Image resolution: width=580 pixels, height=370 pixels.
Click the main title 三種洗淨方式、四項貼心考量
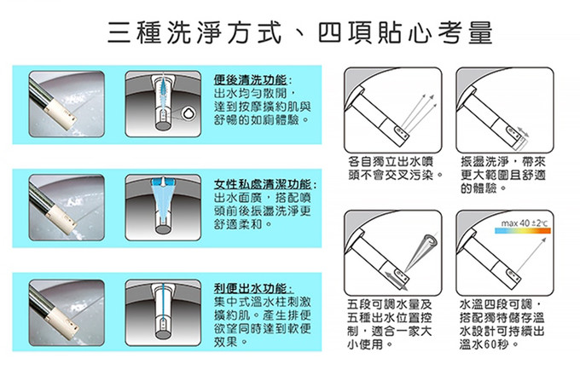[300, 32]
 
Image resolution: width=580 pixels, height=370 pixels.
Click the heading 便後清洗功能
[251, 80]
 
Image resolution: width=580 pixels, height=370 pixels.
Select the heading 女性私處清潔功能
[263, 184]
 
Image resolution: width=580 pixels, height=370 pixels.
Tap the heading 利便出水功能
[251, 288]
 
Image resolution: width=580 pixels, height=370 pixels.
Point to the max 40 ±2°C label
[525, 223]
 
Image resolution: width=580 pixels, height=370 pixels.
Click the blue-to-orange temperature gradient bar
[523, 231]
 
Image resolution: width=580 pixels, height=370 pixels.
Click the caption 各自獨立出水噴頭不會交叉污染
[395, 168]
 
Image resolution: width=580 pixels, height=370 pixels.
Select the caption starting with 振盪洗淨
[503, 175]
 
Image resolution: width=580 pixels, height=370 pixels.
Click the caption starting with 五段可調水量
[390, 325]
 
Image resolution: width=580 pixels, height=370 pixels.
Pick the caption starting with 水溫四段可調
[502, 325]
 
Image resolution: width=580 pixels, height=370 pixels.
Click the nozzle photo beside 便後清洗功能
[67, 104]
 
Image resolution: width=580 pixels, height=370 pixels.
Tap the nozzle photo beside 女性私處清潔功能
[67, 208]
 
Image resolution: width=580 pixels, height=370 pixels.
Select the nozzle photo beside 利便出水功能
[67, 313]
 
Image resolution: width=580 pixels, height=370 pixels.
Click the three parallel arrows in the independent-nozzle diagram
[418, 112]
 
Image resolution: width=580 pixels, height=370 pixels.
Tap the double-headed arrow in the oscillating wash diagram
[523, 132]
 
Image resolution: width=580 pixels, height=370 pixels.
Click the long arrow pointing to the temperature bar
[531, 256]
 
